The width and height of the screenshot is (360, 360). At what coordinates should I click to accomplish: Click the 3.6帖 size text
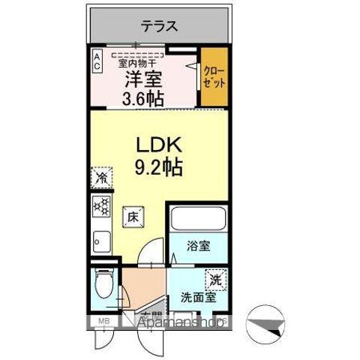point(145,95)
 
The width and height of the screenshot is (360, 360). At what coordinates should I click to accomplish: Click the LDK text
point(159,143)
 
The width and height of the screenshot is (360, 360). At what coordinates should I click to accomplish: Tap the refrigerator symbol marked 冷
point(100,178)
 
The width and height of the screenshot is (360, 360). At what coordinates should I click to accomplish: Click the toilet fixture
point(103,283)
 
